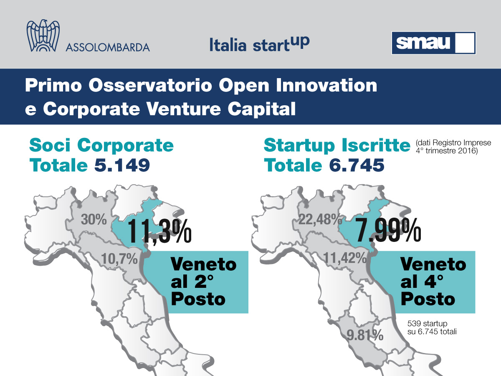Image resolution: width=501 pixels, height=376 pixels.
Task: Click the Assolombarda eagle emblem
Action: point(43,36)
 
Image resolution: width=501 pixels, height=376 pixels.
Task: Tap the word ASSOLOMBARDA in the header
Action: point(108,48)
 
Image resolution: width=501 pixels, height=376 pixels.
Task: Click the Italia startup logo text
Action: point(260,44)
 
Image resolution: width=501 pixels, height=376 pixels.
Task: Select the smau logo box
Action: point(434,43)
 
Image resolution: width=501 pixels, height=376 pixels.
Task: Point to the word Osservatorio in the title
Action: point(150,85)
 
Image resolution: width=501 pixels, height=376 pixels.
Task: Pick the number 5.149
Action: point(122,165)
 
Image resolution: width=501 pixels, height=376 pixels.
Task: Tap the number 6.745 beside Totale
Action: point(357,165)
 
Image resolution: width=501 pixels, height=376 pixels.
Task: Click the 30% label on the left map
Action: point(94,219)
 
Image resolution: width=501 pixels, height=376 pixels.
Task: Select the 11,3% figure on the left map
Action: point(159,231)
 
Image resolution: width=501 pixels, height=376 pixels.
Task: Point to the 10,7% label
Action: point(119,259)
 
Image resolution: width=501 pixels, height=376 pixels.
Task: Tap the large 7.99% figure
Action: point(388,230)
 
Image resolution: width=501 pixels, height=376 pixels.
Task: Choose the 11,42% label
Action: point(345,258)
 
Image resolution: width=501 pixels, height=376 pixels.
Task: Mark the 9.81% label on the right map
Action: point(365,335)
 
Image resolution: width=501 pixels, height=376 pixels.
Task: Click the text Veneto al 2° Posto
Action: point(203,282)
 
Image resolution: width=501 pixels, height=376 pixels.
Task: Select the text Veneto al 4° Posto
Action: point(433,282)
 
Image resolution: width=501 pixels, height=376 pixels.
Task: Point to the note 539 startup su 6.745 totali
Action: point(432,328)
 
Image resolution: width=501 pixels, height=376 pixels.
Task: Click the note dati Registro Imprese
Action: point(453,147)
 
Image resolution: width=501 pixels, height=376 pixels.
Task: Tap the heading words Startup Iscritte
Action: point(337,145)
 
